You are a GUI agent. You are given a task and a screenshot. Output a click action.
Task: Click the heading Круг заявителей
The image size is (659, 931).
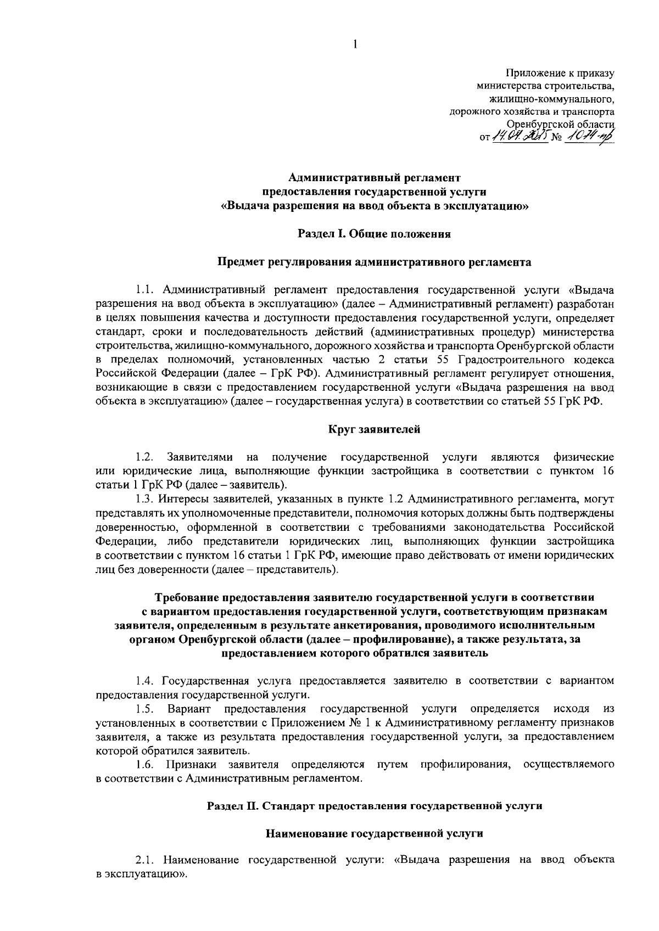click(375, 429)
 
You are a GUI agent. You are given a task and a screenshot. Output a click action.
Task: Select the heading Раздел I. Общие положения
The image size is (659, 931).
click(374, 234)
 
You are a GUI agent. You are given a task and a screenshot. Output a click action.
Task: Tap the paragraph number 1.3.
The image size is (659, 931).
click(146, 499)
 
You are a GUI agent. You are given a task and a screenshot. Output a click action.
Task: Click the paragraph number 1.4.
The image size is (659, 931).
click(146, 681)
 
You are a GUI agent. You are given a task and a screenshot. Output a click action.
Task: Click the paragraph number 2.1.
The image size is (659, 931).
click(146, 860)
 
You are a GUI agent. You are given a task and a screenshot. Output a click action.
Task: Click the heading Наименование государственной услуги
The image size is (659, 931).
click(375, 833)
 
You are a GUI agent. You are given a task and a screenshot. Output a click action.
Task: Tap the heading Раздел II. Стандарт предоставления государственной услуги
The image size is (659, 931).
click(375, 806)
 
